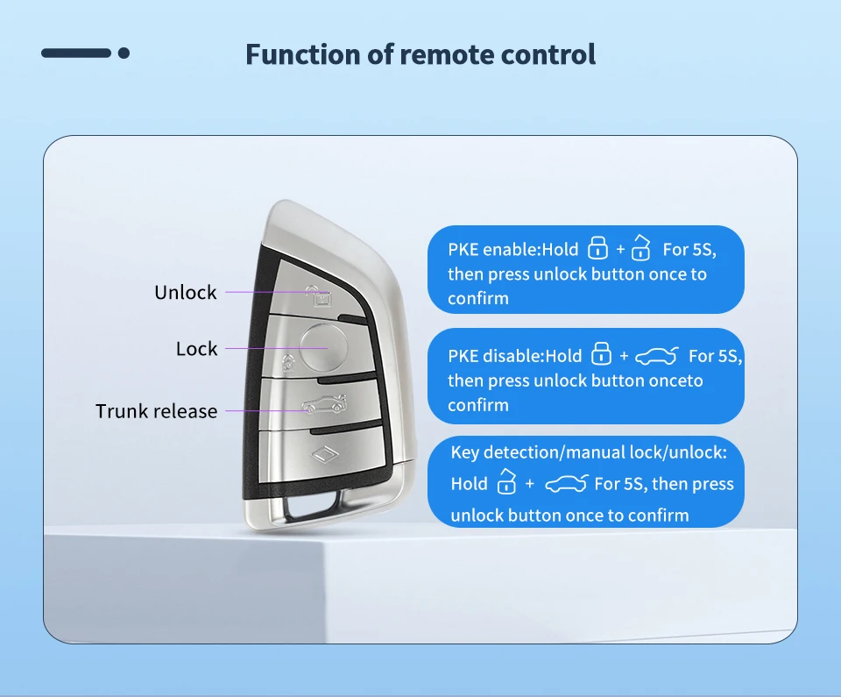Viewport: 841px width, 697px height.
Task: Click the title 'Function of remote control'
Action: (x=420, y=54)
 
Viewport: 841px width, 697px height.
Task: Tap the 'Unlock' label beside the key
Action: (x=185, y=293)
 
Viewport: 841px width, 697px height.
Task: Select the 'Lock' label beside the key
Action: (x=196, y=349)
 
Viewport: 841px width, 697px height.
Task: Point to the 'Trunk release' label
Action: (x=156, y=411)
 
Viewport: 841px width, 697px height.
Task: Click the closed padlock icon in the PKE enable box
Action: (x=597, y=248)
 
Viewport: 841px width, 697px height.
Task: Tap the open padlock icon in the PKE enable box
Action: (x=641, y=248)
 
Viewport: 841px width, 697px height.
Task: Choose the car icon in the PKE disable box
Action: (x=656, y=356)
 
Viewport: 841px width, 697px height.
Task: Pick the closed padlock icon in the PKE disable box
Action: (x=601, y=354)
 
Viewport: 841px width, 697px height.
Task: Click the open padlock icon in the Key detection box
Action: (x=506, y=482)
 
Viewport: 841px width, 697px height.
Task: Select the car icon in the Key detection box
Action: (x=565, y=484)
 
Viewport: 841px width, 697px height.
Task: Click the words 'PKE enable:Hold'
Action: (x=513, y=250)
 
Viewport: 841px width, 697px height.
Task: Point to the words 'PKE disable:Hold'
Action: (x=514, y=356)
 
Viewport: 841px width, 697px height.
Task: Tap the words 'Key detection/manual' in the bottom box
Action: (x=538, y=453)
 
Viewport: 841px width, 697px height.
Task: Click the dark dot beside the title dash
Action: (x=124, y=53)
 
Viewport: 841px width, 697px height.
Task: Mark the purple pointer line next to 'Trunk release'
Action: (x=264, y=409)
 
